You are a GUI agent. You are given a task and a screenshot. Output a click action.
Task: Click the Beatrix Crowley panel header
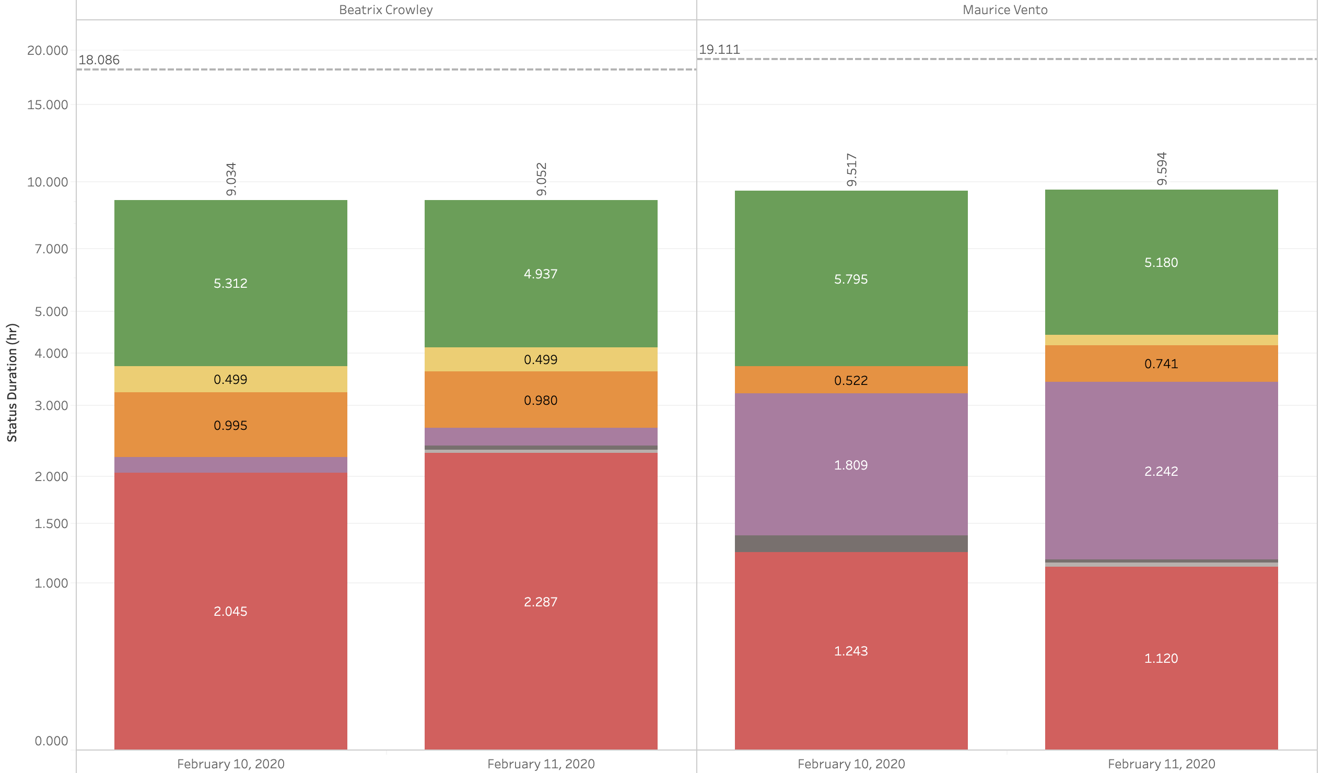pos(385,10)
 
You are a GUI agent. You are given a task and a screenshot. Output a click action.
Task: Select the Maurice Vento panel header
pos(1004,10)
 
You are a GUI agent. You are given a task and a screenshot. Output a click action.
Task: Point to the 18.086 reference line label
pos(99,60)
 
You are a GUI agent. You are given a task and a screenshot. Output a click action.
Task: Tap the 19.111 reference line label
pos(719,50)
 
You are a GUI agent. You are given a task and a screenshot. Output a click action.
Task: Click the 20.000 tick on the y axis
pos(48,50)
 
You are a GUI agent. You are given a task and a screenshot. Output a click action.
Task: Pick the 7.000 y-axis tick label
pos(51,249)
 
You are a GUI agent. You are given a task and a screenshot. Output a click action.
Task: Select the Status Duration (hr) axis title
pos(12,383)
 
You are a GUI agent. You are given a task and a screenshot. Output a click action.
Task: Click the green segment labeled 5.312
pos(230,283)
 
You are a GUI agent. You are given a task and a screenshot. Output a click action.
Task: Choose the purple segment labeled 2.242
pos(1161,471)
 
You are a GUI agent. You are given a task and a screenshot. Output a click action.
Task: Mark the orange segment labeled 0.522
pos(851,380)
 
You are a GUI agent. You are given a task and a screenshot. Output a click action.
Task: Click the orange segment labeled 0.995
pos(230,425)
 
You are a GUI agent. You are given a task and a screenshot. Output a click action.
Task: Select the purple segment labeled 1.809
pos(851,465)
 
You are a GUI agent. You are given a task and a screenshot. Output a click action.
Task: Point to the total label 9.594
pos(1162,169)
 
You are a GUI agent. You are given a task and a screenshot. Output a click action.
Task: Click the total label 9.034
pos(231,179)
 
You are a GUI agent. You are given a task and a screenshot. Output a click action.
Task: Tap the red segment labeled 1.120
pos(1161,658)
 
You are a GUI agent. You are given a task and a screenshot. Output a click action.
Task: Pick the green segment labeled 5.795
pos(851,279)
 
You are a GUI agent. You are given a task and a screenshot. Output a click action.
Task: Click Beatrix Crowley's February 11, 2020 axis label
pos(541,764)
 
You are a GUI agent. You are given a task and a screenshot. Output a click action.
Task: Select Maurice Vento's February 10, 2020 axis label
pos(851,764)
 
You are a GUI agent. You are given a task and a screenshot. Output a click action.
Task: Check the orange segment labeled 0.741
pos(1161,364)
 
